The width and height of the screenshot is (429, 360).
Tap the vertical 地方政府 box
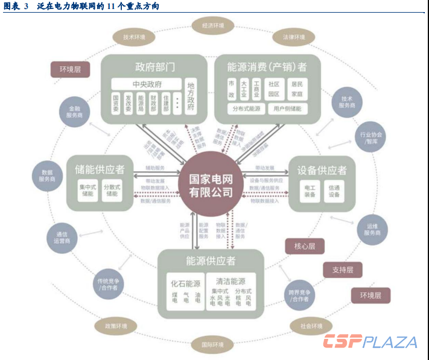192,96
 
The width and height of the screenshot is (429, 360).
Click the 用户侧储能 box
287,109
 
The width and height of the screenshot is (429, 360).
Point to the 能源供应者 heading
211,261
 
